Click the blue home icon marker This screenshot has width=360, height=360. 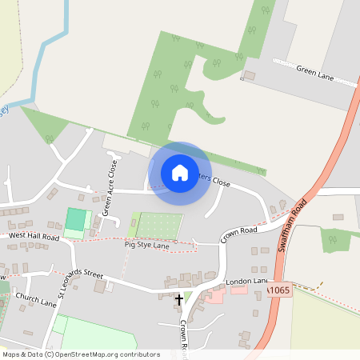[180, 173]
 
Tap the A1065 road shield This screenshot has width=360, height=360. [279, 291]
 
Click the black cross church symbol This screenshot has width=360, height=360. [178, 299]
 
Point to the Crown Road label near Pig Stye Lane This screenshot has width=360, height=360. [238, 231]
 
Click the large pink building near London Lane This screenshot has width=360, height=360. [214, 296]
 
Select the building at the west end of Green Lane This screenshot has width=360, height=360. [249, 76]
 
